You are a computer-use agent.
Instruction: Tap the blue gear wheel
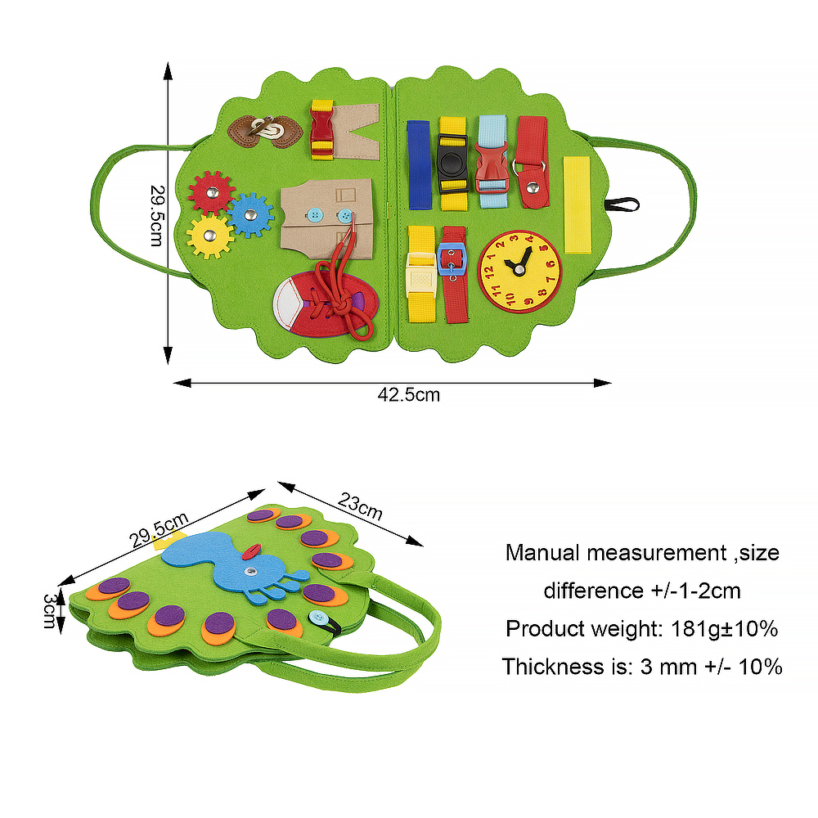point(250,214)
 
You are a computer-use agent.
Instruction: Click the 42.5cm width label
point(409,395)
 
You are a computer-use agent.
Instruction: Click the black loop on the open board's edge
point(624,204)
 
